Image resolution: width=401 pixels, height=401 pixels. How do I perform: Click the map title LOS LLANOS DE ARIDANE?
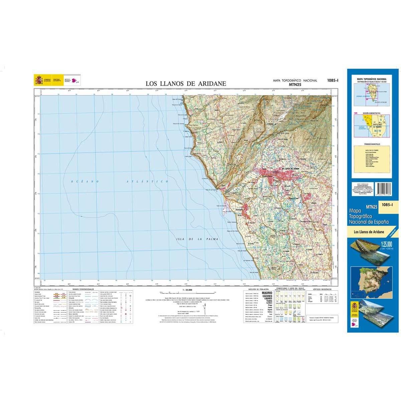(x=186, y=84)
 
